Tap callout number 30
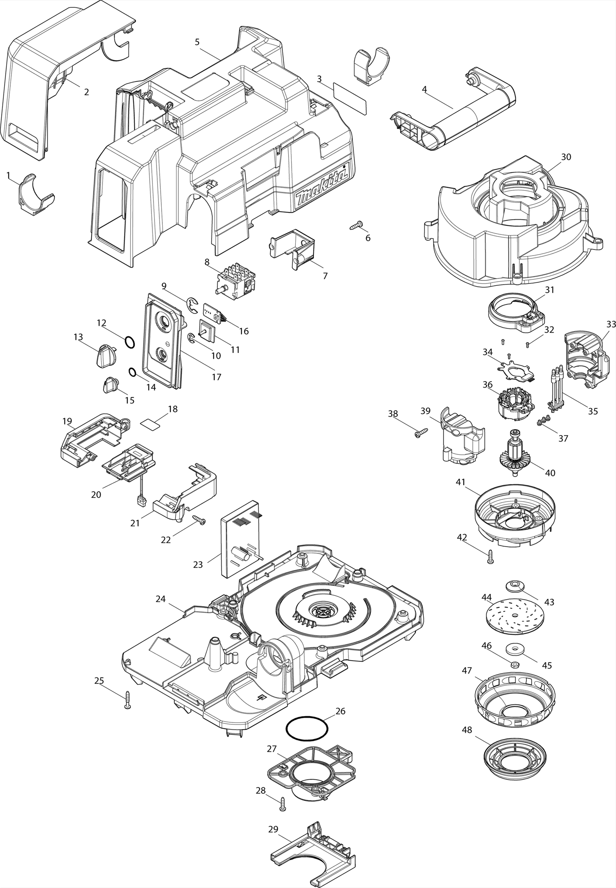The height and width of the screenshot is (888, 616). (x=566, y=157)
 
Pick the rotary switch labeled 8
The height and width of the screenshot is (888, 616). (x=234, y=279)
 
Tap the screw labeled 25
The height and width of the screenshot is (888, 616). (x=128, y=700)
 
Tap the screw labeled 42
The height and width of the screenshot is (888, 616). (x=490, y=558)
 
